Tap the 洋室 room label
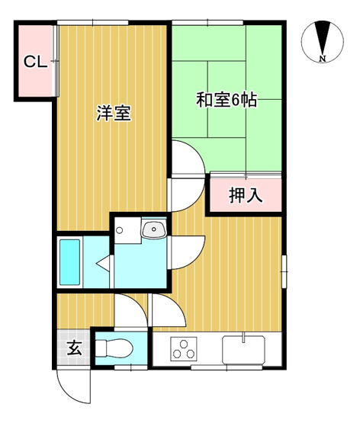point(113,114)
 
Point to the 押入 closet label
point(246,195)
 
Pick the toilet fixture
point(114,348)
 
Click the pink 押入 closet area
point(246,195)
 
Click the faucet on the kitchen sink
point(243,336)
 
